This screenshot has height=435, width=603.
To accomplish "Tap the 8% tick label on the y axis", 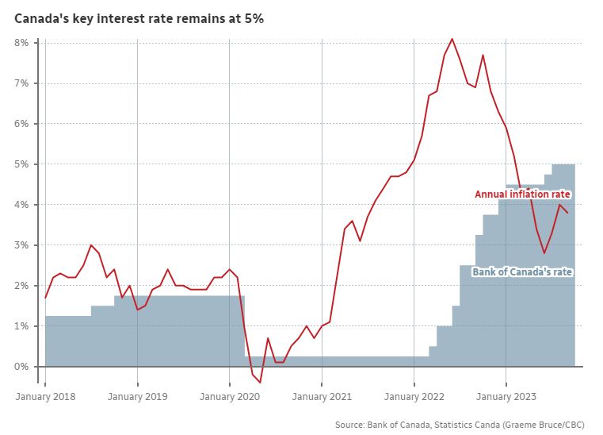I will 22,43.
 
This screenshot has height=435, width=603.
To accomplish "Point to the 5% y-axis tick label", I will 22,164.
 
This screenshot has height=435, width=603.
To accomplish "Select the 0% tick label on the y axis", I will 22,367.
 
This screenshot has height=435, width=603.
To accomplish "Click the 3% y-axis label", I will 22,245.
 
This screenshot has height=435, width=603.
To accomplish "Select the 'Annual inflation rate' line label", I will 522,194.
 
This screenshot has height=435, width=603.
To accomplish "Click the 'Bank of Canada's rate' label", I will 522,272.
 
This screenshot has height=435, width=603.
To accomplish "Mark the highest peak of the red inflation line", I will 452,39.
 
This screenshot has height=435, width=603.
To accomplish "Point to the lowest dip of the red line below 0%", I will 260,383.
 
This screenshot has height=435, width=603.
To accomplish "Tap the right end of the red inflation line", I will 567,213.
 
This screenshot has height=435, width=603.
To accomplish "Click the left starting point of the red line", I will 45,298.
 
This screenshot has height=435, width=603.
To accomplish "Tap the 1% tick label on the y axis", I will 22,326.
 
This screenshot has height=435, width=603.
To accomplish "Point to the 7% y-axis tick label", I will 22,83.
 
